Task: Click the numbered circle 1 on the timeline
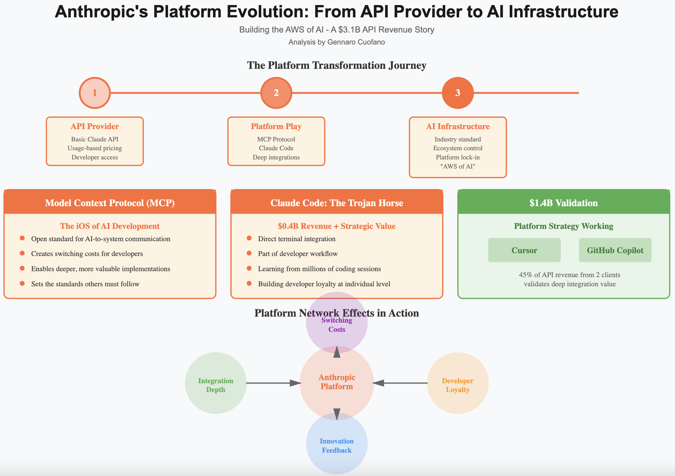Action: [x=94, y=93]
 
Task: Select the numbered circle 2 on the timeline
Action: [x=276, y=93]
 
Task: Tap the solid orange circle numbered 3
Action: [x=458, y=93]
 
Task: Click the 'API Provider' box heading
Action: [x=95, y=126]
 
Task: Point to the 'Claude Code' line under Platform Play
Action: [x=276, y=148]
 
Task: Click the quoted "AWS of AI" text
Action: [x=458, y=166]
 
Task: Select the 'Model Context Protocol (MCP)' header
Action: [x=110, y=203]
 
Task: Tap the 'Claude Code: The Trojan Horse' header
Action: [x=337, y=203]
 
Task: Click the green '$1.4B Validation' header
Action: [x=564, y=203]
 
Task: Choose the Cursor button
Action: [x=524, y=250]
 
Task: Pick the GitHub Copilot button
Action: [x=615, y=250]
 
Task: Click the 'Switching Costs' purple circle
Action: [x=337, y=322]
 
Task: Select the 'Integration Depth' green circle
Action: [x=216, y=383]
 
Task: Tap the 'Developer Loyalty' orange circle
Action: [x=458, y=383]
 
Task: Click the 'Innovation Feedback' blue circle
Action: [x=337, y=443]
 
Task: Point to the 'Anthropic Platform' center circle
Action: [x=337, y=383]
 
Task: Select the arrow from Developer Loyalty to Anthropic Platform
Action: [x=400, y=383]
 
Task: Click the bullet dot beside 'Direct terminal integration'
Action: [x=249, y=238]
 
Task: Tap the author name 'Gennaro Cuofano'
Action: [x=356, y=42]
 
